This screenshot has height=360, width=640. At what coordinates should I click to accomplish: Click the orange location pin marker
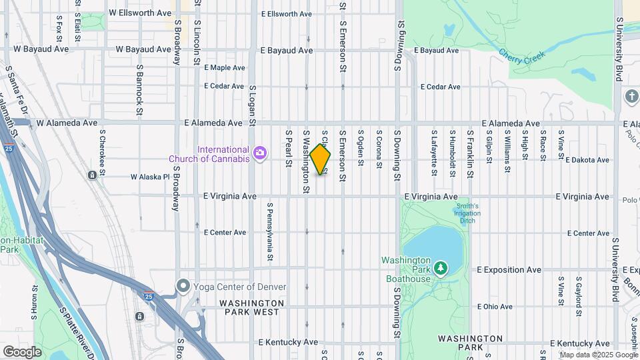(x=320, y=159)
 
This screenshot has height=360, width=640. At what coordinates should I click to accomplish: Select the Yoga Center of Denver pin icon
(x=183, y=287)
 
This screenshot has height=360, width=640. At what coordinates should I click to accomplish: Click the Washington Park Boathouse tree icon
(x=440, y=269)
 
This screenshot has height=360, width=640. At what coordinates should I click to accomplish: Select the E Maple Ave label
(x=225, y=68)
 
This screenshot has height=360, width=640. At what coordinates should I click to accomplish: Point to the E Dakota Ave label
(x=587, y=161)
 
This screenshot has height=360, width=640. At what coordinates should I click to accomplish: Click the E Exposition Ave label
(x=509, y=270)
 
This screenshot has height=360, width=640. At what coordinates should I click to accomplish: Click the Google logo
(x=23, y=351)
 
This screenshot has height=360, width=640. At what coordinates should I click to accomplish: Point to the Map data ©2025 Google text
(x=598, y=355)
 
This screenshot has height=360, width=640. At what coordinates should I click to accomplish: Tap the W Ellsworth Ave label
(x=140, y=13)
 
